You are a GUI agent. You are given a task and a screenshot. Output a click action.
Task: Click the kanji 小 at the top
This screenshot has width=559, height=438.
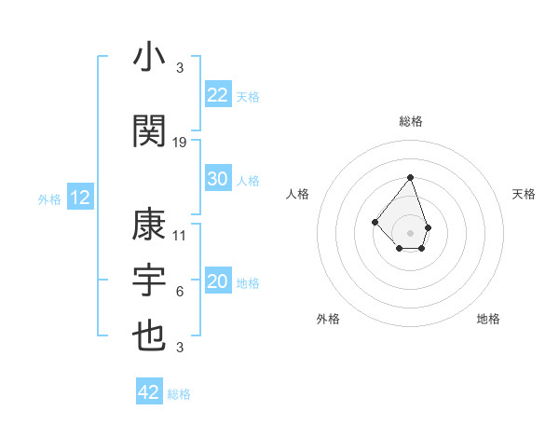(149, 58)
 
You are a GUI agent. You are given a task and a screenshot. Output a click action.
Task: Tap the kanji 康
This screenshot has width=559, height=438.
(149, 226)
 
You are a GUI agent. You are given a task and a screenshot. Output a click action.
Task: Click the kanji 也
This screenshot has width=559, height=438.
(149, 335)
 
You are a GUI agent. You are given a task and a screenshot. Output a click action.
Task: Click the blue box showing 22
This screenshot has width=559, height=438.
(218, 95)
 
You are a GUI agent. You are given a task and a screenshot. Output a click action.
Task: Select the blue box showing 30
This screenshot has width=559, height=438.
(218, 179)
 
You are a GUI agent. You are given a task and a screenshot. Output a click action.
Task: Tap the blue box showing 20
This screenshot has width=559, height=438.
(218, 281)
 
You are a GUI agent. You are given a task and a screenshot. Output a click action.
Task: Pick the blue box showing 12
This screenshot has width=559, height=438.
(80, 198)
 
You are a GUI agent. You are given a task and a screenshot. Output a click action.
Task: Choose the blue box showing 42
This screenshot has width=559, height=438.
(149, 392)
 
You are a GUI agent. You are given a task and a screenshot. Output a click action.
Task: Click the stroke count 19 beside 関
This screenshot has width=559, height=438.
(180, 142)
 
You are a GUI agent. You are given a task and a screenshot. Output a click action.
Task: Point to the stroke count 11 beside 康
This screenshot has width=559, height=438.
(180, 235)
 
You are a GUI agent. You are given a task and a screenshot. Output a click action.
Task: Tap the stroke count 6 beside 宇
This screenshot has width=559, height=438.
(180, 292)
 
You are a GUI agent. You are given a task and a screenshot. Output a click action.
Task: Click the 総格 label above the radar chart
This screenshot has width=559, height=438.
(411, 121)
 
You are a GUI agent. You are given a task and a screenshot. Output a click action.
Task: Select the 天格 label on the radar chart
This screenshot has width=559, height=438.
(525, 194)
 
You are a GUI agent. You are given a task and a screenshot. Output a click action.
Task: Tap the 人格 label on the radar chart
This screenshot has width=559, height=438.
(297, 194)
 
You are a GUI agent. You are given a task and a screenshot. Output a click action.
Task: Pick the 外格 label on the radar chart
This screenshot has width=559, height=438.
(328, 319)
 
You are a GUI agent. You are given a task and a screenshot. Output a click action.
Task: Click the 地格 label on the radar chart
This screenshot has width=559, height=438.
(488, 319)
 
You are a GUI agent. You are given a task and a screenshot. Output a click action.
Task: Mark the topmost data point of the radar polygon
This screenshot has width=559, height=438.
(410, 176)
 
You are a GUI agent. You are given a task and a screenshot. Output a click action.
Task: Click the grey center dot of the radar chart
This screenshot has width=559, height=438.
(410, 232)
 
